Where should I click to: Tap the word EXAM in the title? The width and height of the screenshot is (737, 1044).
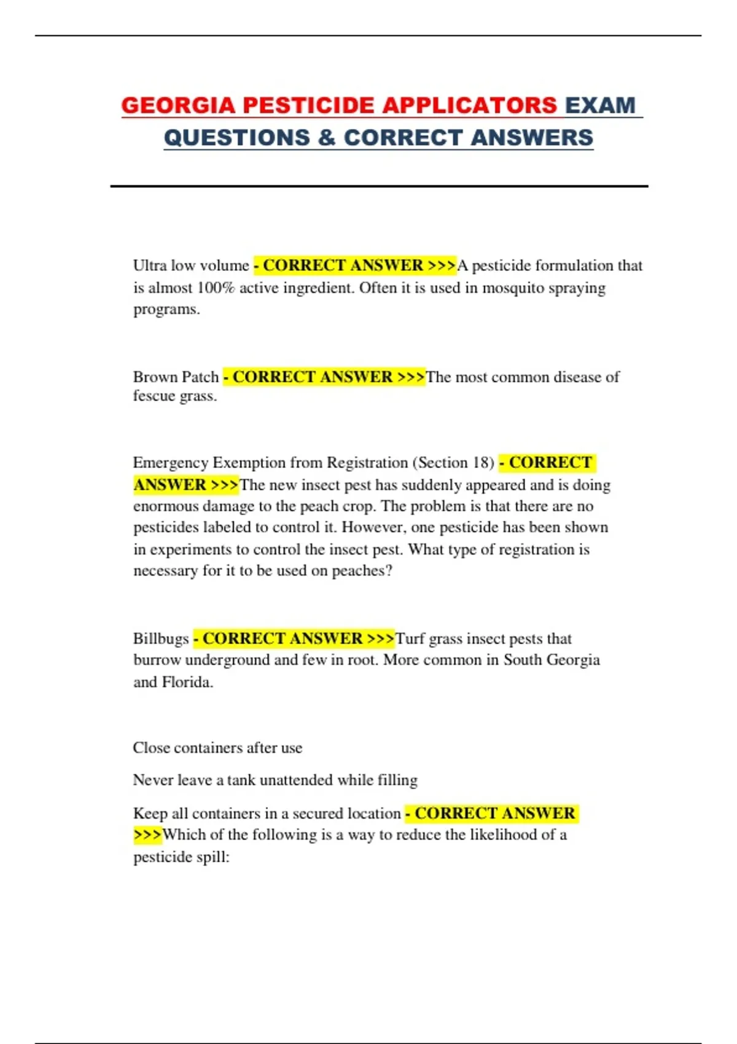(x=600, y=106)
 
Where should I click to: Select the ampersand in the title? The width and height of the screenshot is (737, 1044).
(x=327, y=138)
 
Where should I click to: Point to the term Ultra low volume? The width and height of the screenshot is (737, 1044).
(x=191, y=265)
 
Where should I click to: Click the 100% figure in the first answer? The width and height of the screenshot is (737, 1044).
(x=216, y=287)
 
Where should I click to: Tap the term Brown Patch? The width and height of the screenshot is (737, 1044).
(x=176, y=376)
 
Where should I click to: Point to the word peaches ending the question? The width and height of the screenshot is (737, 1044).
(x=361, y=571)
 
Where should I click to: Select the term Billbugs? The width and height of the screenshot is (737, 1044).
(x=161, y=639)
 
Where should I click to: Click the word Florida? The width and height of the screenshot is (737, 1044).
(x=187, y=682)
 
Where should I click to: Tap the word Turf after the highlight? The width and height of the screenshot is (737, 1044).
(x=410, y=639)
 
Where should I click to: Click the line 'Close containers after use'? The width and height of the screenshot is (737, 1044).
(x=217, y=748)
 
